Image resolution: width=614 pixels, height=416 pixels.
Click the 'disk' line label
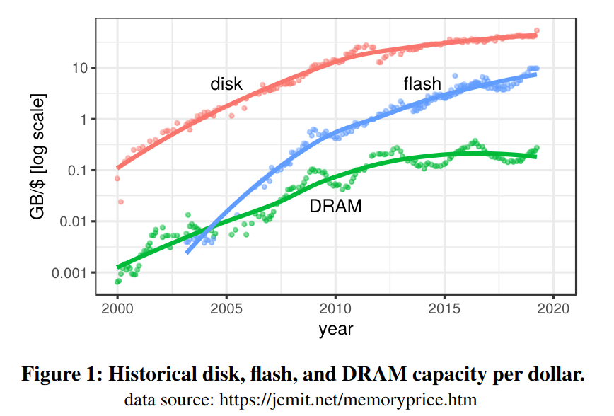coord(226,84)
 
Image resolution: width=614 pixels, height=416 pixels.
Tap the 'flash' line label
coord(422,84)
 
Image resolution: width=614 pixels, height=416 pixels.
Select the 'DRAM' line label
coord(335,207)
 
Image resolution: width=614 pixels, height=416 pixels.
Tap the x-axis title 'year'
coord(335,329)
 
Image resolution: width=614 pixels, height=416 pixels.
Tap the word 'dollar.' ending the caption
coord(559,374)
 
